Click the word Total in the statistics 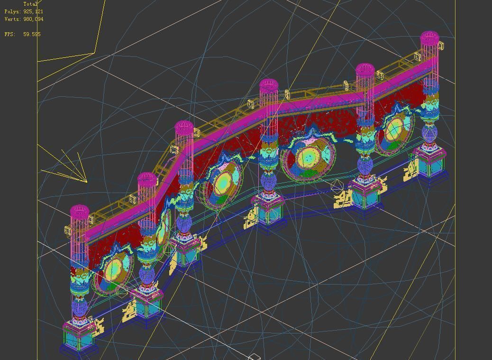pyautogui.click(x=30, y=4)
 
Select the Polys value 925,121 pyautogui.click(x=33, y=11)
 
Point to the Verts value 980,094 pyautogui.click(x=33, y=19)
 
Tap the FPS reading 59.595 pyautogui.click(x=32, y=34)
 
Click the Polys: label pyautogui.click(x=13, y=11)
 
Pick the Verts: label pyautogui.click(x=13, y=19)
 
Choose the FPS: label pyautogui.click(x=10, y=34)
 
